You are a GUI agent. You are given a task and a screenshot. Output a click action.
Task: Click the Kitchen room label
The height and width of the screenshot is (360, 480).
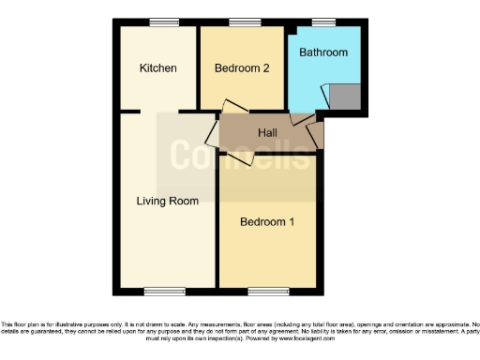158,68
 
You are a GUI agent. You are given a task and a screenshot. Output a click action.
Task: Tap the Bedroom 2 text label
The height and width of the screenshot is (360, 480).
242,68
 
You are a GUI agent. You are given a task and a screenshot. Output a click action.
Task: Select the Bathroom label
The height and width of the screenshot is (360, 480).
323,52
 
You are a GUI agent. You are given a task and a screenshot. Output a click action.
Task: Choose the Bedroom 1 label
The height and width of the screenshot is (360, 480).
266,222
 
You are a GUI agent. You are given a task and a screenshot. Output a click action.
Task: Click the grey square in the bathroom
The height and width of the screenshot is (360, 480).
346,95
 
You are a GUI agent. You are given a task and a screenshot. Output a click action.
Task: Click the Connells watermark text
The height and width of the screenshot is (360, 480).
238,153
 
